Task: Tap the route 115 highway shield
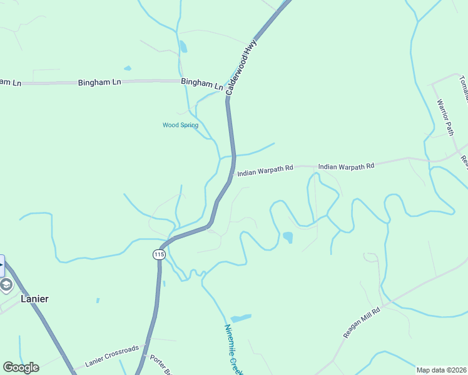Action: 158,254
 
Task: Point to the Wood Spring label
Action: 180,125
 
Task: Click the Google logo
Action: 21,367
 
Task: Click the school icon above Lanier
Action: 6,285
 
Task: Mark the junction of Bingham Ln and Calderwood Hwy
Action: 227,94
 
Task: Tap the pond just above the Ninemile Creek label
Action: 241,318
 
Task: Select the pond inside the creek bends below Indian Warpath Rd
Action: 288,237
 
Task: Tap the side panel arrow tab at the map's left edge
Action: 2,265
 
